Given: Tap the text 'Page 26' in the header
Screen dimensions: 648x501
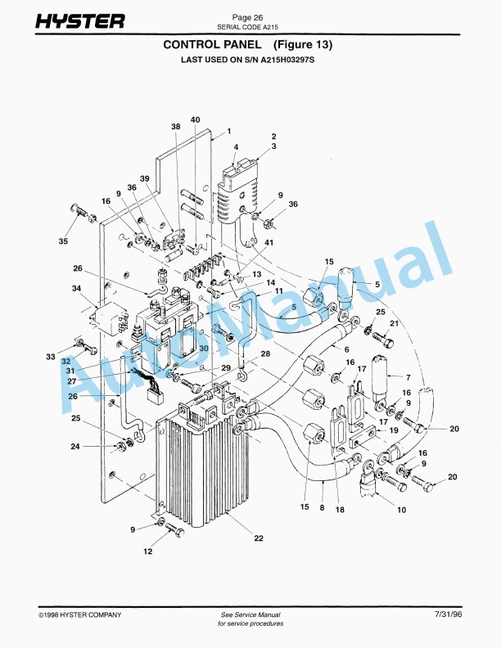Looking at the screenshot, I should (x=247, y=17).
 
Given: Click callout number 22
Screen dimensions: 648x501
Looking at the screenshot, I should (x=259, y=538).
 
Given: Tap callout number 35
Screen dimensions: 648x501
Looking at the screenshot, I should (x=64, y=242).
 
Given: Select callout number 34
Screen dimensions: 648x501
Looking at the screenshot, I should (x=77, y=289).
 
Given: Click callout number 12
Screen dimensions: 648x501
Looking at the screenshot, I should (x=148, y=551).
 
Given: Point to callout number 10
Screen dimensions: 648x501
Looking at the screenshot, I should (x=401, y=510).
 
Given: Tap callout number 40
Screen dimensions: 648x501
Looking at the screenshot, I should (x=195, y=120).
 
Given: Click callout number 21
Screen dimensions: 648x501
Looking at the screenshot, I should (x=394, y=324).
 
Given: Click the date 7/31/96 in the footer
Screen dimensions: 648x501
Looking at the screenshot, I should (x=449, y=614).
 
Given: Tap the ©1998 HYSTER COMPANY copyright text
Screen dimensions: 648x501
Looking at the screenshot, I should (x=80, y=614).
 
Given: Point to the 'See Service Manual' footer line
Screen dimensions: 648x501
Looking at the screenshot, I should (x=250, y=614).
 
